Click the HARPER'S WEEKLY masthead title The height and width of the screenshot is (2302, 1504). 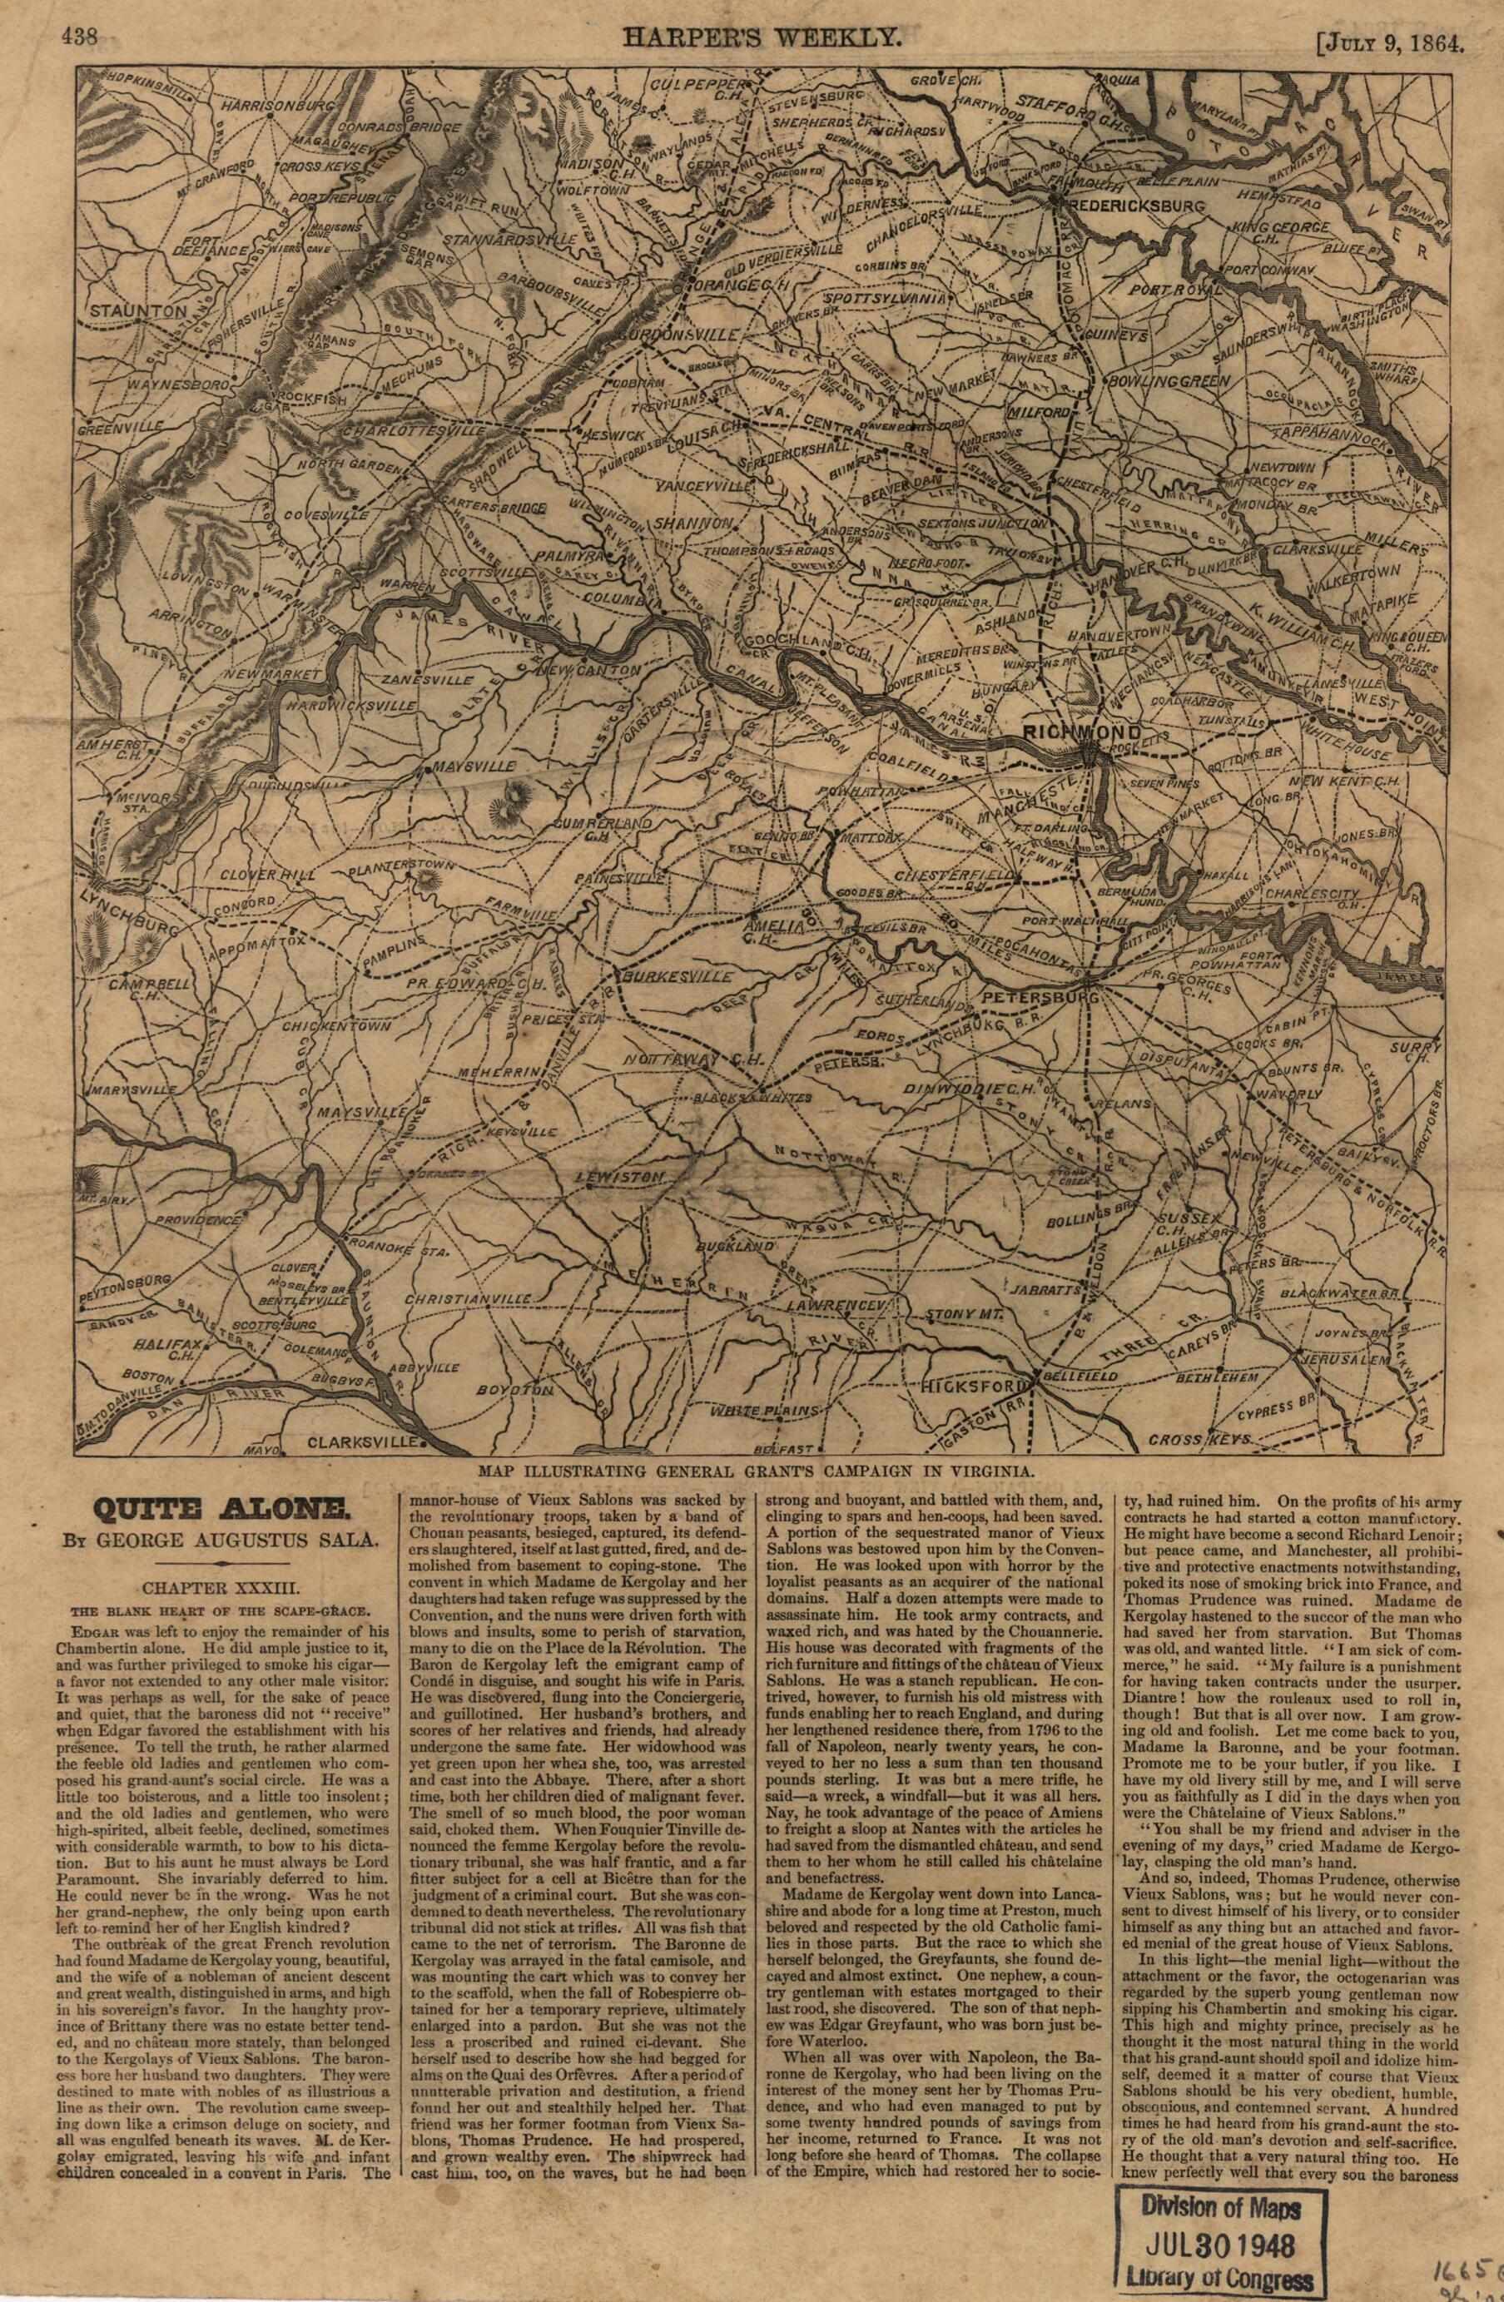[x=764, y=37]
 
